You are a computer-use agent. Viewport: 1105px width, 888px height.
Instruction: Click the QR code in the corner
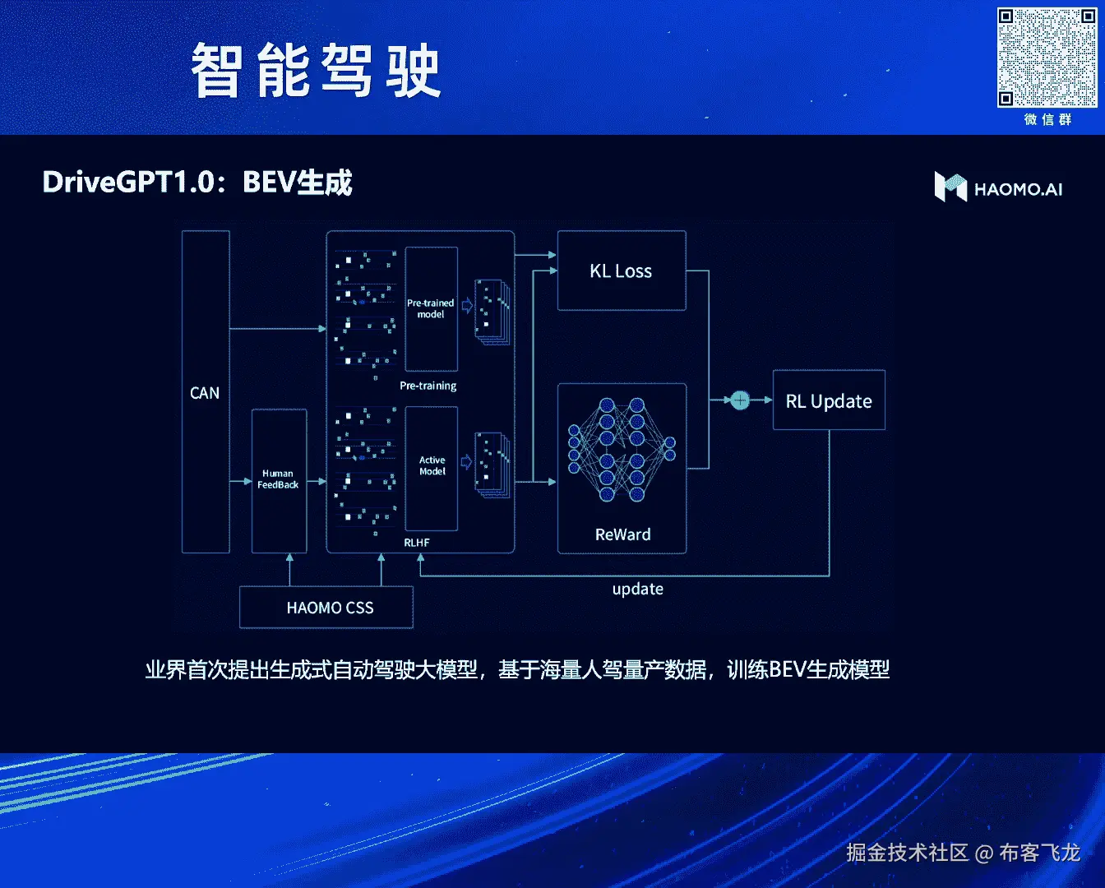tap(1047, 58)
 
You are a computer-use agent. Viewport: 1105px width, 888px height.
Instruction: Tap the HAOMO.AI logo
tap(998, 187)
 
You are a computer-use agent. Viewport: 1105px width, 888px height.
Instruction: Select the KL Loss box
tap(622, 271)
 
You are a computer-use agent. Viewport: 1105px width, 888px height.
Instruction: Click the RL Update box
tap(829, 400)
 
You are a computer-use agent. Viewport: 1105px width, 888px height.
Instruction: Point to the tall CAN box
tap(205, 392)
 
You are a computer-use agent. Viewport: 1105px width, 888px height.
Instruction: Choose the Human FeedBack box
tap(279, 480)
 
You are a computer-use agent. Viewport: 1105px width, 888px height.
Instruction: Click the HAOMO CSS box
tap(329, 608)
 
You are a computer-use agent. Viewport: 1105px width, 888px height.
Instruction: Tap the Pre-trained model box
tap(431, 309)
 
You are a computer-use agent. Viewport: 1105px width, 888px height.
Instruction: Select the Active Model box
tap(432, 466)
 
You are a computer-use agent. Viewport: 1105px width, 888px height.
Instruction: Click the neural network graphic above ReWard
tap(622, 450)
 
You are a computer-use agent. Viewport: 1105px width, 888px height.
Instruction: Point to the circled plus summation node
tap(740, 400)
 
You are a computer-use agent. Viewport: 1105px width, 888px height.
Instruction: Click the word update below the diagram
tap(637, 589)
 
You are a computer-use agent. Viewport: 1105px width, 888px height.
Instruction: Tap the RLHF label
tap(417, 543)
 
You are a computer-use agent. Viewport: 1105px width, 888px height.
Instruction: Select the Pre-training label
tap(428, 386)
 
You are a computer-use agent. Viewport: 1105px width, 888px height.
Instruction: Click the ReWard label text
tap(622, 534)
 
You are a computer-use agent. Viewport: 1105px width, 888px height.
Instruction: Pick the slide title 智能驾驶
tap(316, 72)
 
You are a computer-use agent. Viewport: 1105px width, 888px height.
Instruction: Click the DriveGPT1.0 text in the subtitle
tap(128, 182)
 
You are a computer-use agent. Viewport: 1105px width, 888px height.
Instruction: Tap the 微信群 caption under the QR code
tap(1047, 119)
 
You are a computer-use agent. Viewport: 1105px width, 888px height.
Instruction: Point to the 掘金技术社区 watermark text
tap(907, 853)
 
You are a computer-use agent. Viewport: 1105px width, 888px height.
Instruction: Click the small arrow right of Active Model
tap(466, 462)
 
